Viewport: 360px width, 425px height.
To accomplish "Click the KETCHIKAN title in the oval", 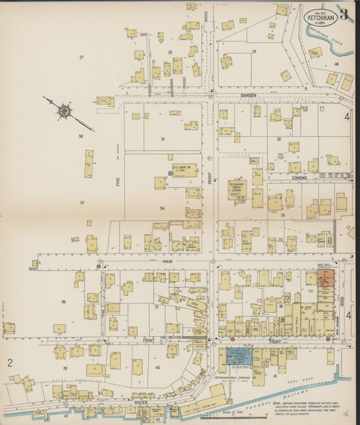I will click(320, 16).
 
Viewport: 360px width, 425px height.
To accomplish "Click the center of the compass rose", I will click(64, 109).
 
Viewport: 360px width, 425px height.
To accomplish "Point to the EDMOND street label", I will click(299, 178).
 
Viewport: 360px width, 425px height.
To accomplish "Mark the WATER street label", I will click(140, 402).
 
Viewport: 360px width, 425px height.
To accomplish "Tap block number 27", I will click(81, 57).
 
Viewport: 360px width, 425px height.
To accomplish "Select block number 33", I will click(82, 202).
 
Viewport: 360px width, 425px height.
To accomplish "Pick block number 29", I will click(254, 52).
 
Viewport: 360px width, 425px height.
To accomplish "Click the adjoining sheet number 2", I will click(10, 363).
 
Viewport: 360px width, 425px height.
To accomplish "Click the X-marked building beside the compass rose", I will click(105, 101).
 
